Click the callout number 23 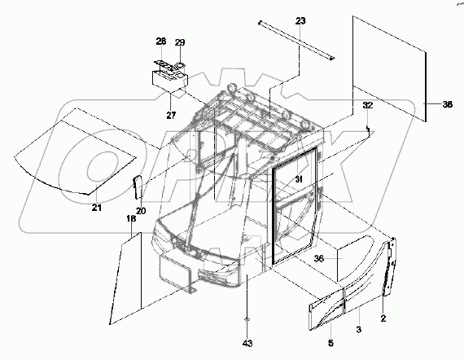pos(300,20)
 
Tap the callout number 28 pos(160,41)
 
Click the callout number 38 pos(447,104)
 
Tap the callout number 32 pos(368,106)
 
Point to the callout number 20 pos(140,211)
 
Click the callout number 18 pos(130,219)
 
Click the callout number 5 pos(330,342)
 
